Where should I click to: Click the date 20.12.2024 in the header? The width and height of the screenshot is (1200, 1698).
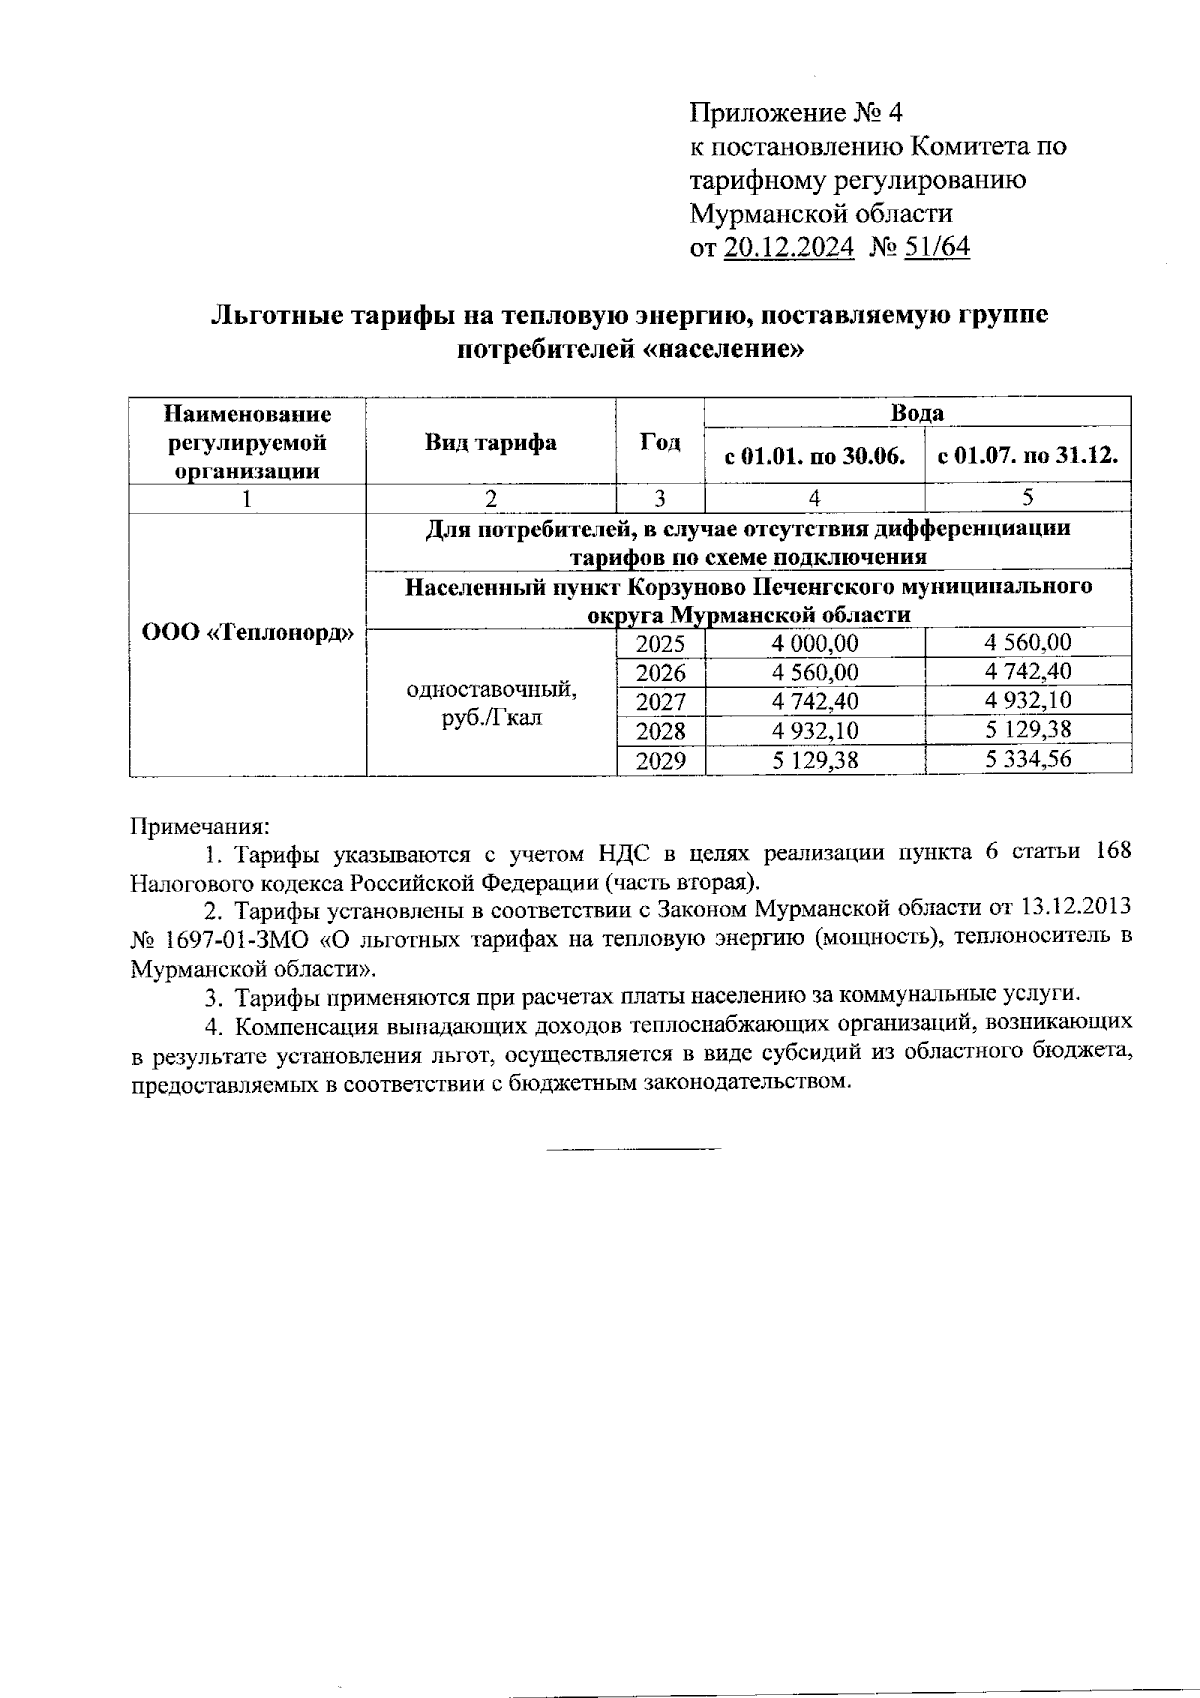tap(788, 247)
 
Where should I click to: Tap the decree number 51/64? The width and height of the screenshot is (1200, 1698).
tap(936, 247)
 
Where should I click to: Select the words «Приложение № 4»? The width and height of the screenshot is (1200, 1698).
tap(796, 111)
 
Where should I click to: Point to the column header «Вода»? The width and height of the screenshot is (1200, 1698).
tap(917, 412)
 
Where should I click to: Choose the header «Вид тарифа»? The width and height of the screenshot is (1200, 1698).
tap(491, 441)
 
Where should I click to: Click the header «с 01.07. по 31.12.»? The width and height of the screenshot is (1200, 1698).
tap(1027, 456)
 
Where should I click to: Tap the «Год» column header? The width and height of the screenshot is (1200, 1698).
tap(660, 441)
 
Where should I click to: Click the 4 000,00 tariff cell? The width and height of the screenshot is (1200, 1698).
tap(815, 644)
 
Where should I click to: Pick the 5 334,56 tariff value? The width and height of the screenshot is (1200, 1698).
tap(1027, 759)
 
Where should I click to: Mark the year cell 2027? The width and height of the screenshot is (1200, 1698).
tap(660, 701)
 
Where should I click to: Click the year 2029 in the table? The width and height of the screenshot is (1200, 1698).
tap(660, 760)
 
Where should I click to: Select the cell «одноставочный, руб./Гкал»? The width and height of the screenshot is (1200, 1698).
tap(491, 703)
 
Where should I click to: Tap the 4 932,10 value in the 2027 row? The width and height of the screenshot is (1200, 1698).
tap(1027, 701)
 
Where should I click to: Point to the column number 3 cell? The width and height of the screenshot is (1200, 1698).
tap(660, 498)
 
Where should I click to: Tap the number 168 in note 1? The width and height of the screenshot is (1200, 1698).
tap(1114, 852)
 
